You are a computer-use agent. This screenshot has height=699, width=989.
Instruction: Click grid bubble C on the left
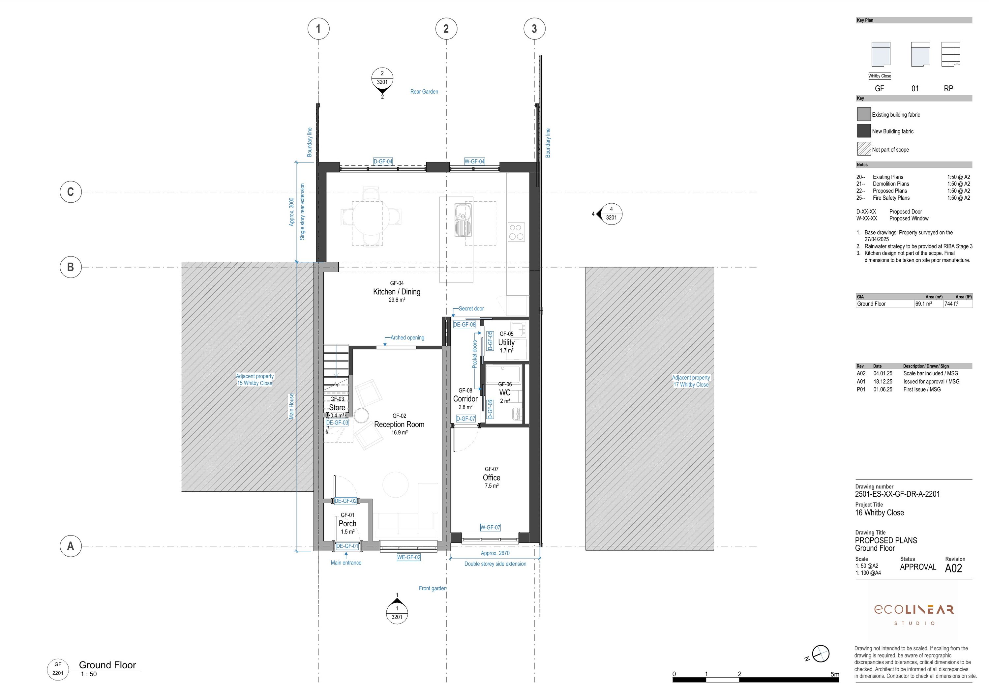(71, 192)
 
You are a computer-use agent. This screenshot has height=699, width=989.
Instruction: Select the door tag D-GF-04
(383, 161)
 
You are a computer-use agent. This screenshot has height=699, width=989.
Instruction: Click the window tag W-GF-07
(490, 527)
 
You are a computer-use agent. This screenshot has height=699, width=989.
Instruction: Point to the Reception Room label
(399, 424)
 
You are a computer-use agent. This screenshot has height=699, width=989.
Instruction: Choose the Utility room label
(507, 342)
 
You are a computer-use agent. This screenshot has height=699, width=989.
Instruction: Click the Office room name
(492, 478)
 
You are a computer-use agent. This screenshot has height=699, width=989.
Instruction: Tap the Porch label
(347, 524)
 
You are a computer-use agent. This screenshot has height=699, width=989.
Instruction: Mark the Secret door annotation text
(471, 308)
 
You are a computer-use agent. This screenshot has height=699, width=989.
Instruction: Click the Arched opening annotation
(407, 338)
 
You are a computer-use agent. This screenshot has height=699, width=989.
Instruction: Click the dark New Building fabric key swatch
(864, 131)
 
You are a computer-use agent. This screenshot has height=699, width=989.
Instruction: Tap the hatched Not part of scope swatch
(864, 149)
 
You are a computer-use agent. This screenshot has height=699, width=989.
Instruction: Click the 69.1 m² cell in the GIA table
(923, 304)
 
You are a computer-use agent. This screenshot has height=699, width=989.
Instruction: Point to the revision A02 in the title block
(953, 568)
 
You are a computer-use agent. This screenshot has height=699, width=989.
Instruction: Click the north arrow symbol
(820, 654)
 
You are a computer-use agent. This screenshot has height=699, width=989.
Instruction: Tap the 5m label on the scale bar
(835, 674)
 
